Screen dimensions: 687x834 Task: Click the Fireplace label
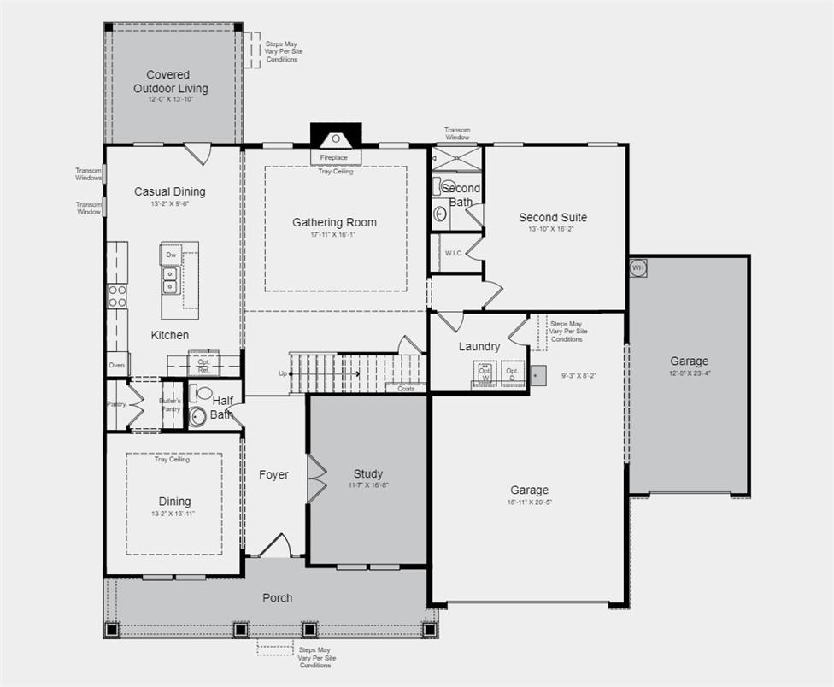[x=334, y=158]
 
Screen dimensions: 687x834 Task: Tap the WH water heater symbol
[x=637, y=268]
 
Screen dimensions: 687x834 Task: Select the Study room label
[x=368, y=473]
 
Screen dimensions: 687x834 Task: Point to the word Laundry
[x=479, y=346]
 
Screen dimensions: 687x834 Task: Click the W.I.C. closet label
[x=453, y=252]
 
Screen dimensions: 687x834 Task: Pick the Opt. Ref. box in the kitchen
[x=204, y=366]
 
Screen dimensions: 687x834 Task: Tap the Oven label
[x=117, y=365]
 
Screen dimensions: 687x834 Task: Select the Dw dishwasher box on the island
[x=171, y=255]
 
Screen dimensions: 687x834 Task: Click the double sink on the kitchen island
[x=170, y=279]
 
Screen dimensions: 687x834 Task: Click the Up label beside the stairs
[x=283, y=373]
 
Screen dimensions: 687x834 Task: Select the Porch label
[x=277, y=597]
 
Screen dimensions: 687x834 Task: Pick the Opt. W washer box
[x=485, y=373]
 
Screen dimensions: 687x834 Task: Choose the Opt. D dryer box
[x=512, y=373]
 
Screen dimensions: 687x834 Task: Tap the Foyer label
[x=273, y=474]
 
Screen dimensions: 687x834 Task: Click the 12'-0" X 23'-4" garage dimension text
[x=689, y=373]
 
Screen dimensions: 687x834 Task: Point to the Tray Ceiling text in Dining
[x=172, y=460]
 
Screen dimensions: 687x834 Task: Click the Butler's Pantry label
[x=171, y=405]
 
